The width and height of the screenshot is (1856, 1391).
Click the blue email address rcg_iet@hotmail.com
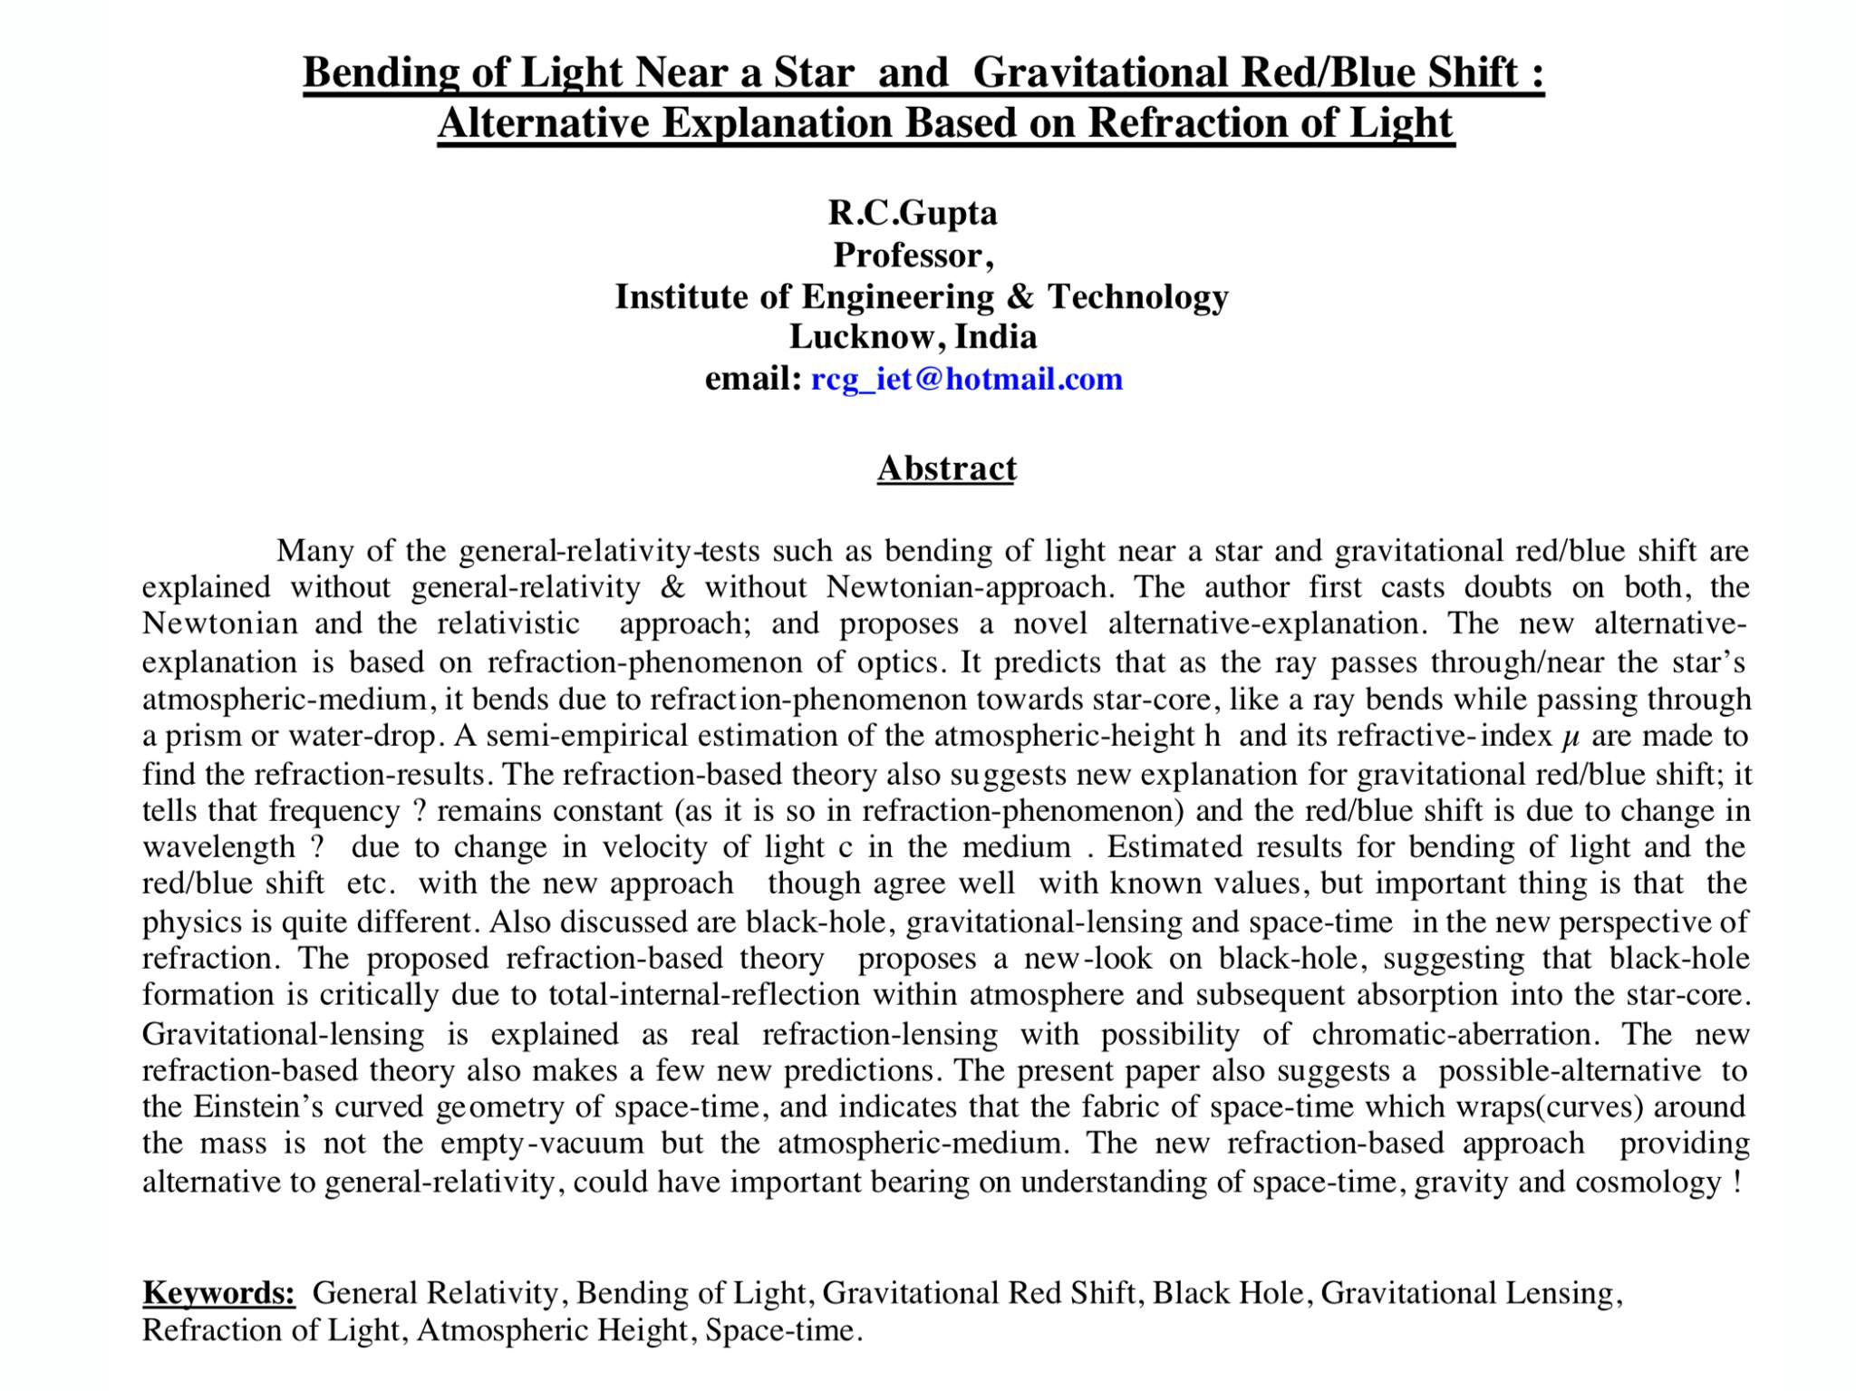[966, 379]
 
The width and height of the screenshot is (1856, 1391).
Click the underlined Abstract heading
[946, 468]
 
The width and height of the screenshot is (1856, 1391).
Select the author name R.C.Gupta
[913, 213]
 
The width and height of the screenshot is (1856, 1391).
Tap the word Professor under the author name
[909, 255]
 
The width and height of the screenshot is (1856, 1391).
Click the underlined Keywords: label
[218, 1292]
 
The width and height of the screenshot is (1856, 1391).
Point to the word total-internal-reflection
[703, 995]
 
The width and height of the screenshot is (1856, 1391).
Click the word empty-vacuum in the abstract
[542, 1144]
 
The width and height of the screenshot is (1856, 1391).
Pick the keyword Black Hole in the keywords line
[1228, 1293]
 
